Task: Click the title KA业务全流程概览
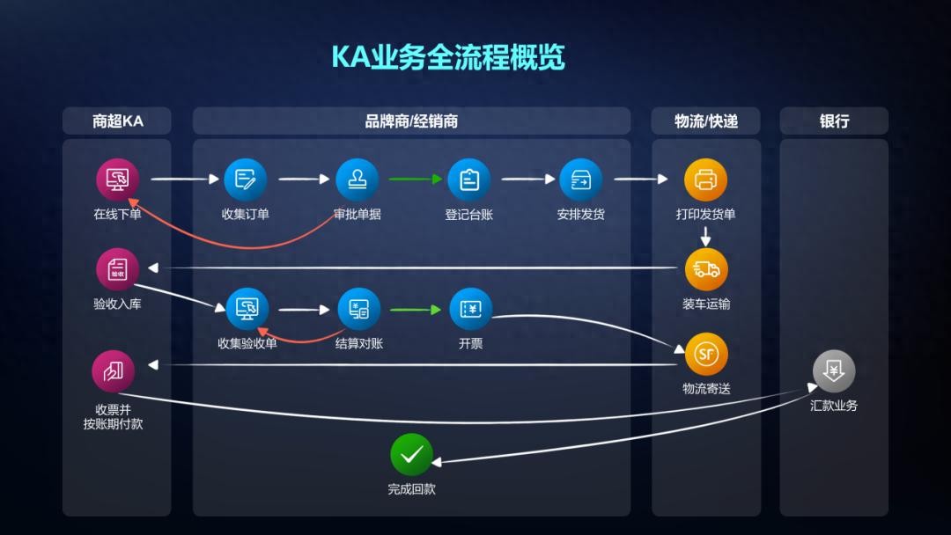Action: pos(447,57)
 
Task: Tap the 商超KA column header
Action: pos(117,121)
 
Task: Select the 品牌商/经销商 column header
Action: pos(411,121)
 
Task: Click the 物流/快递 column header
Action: pos(706,121)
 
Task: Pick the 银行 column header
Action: pos(834,121)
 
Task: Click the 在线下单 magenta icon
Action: pos(117,180)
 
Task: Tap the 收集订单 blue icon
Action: pos(245,180)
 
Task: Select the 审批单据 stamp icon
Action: pos(357,180)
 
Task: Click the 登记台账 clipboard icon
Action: pos(468,180)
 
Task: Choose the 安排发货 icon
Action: pos(580,180)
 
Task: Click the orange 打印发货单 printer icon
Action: pos(706,180)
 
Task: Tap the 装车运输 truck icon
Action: pos(706,269)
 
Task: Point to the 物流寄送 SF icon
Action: pos(706,354)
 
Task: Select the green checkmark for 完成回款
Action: pos(411,455)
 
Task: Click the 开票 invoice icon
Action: pos(470,309)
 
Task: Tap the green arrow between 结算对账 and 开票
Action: pos(415,310)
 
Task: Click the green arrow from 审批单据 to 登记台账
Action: pos(415,180)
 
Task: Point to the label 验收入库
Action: pos(117,304)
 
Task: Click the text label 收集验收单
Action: pos(247,343)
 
